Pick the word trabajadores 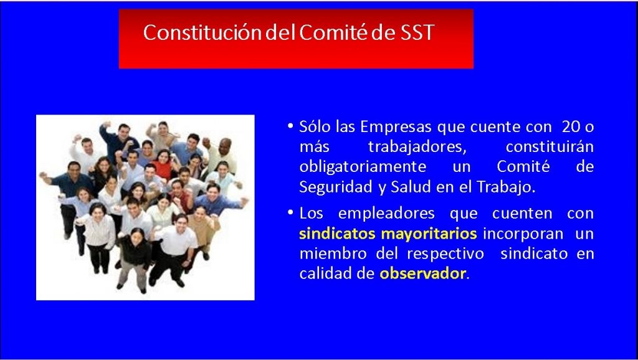pos(417,147)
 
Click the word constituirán pos(550,147)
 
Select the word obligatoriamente pos(363,167)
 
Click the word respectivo pos(445,254)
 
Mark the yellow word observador pos(422,273)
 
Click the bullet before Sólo pos(290,126)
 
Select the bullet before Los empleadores pos(290,213)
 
